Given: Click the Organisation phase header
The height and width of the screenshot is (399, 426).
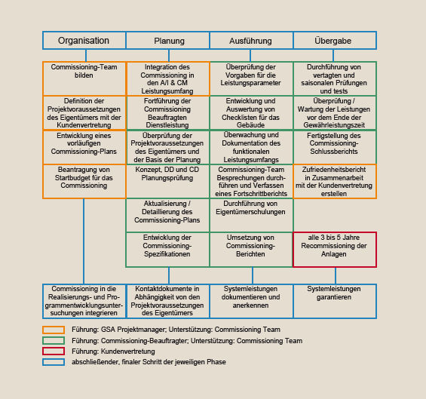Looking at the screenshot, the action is point(84,41).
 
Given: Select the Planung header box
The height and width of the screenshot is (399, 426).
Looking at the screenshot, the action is point(168,41).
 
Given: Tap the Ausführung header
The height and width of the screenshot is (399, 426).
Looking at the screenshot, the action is point(251,41).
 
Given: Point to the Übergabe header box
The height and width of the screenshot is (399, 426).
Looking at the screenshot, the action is point(335,41).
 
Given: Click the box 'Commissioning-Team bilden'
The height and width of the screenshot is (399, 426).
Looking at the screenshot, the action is point(84,79).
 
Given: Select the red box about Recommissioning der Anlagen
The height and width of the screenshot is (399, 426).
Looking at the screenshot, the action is point(335,250).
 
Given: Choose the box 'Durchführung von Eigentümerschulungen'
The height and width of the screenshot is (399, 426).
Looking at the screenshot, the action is point(251,215).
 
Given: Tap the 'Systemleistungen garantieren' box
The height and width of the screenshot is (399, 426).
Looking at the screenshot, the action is point(335,301).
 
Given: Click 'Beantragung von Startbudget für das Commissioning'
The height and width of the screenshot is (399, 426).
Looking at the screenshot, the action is point(84,181).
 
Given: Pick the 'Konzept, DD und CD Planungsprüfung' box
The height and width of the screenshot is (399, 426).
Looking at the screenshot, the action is point(168,181).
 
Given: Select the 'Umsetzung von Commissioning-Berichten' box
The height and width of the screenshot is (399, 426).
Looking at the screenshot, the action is point(251,250).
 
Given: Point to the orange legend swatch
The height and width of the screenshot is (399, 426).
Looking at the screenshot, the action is point(54,330).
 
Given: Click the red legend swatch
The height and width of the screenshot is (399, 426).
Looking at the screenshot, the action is point(54,351).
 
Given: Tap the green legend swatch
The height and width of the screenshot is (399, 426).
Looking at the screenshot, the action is point(54,341).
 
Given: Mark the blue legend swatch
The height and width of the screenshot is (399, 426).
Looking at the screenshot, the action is point(54,362).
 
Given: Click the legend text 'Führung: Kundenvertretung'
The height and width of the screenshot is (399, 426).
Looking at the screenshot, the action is point(113,351).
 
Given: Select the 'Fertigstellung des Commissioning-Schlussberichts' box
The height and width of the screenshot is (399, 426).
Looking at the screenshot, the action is point(335,147).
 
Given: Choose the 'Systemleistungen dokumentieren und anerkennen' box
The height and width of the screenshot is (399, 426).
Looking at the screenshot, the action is point(251,301).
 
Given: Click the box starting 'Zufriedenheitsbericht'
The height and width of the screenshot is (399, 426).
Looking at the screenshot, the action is point(335,181).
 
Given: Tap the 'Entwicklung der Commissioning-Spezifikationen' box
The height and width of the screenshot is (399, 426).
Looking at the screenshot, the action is point(168,250).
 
